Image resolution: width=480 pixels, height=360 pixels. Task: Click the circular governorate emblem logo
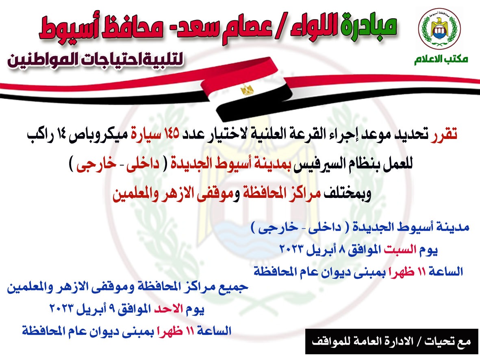(x=440, y=28)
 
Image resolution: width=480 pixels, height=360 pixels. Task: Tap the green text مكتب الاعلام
(x=441, y=59)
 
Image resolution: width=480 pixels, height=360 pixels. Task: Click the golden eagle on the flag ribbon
(x=247, y=90)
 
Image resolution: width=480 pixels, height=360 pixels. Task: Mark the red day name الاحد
(x=168, y=309)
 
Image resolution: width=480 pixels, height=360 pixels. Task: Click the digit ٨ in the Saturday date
(x=342, y=250)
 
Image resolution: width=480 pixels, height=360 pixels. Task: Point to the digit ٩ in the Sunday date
(x=112, y=309)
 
